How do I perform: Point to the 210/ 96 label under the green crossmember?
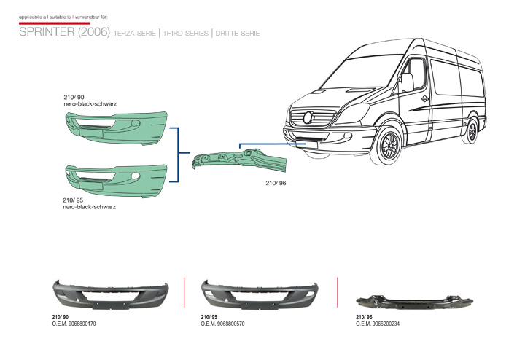point(276,184)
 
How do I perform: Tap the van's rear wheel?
point(474,130)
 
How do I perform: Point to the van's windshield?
point(365,76)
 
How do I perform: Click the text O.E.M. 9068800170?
point(74,324)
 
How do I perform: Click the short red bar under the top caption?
point(44,23)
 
